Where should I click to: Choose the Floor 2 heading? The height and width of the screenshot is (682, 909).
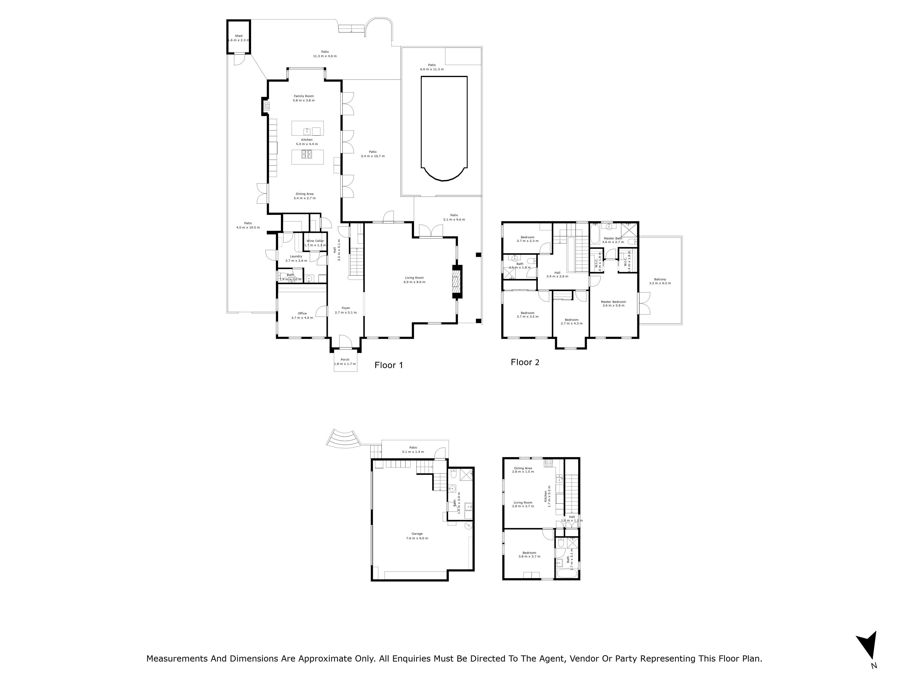pos(525,362)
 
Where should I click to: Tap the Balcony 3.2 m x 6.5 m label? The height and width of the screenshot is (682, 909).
pos(660,281)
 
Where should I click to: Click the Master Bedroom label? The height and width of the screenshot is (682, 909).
pos(613,303)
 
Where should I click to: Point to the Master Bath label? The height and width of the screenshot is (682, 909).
pos(613,240)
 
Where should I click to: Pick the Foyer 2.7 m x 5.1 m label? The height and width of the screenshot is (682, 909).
pos(346,310)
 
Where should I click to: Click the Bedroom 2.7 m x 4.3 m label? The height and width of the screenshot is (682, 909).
pos(571,321)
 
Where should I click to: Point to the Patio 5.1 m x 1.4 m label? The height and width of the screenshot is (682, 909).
pos(413,450)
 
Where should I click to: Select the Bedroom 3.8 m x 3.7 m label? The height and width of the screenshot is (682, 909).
pos(529,554)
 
